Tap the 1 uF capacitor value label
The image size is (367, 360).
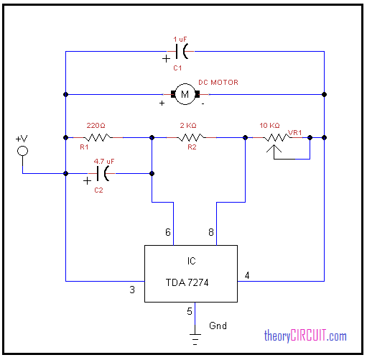(x=180, y=39)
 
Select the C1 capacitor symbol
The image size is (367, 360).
(x=181, y=51)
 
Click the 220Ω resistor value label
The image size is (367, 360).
(x=96, y=125)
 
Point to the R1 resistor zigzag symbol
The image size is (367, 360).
(x=98, y=137)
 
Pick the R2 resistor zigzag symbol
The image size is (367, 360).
(x=191, y=137)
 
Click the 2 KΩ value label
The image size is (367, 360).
(x=188, y=125)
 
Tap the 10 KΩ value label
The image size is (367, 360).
(x=269, y=125)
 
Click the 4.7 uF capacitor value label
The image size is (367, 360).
(x=104, y=161)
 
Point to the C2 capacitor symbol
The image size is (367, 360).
(x=102, y=173)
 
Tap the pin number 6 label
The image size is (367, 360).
(x=168, y=232)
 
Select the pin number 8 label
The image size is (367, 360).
(x=211, y=232)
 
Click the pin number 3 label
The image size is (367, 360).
(x=132, y=290)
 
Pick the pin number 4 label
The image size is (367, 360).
(x=247, y=275)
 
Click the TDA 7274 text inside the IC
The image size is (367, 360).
(x=187, y=282)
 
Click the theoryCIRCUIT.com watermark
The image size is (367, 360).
(x=305, y=336)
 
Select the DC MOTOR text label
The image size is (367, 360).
(x=218, y=83)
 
